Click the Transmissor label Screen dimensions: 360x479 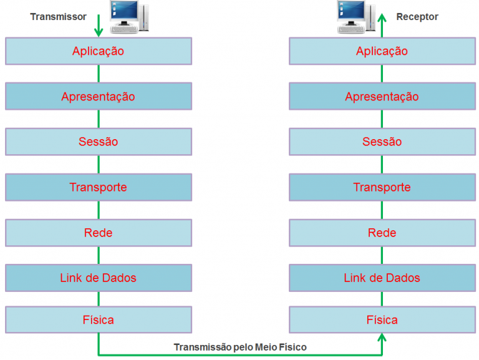coord(58,17)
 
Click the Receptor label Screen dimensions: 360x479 coord(417,17)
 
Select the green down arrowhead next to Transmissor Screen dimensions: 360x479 coord(99,31)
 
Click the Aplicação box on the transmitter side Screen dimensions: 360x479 coord(98,51)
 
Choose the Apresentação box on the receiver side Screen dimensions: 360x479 coord(382,97)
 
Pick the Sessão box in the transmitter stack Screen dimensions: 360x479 coord(98,142)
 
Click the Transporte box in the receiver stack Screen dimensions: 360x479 coord(382,187)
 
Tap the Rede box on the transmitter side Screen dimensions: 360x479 coord(98,233)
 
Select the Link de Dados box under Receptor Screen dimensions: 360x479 coord(382,278)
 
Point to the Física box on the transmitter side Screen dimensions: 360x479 coord(98,320)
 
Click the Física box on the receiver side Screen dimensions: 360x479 coord(382,320)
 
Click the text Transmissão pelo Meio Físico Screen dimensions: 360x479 coord(240,347)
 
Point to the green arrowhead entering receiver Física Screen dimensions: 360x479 coord(382,338)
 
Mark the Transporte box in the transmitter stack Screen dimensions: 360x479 coord(98,187)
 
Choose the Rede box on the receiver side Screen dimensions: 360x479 coord(382,233)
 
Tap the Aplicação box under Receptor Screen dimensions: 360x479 coord(382,51)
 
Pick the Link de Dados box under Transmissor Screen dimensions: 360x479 coord(98,278)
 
